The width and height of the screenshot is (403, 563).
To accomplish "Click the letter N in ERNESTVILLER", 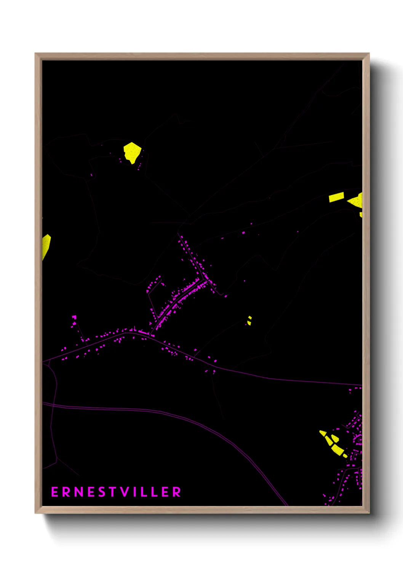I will tap(78, 492).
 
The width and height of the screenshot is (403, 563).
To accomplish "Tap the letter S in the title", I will tap(101, 492).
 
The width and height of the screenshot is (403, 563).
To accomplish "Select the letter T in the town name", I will tap(112, 492).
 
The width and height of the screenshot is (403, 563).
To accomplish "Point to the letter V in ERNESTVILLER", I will tap(125, 492).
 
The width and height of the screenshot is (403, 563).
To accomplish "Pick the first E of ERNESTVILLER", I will tap(54, 492).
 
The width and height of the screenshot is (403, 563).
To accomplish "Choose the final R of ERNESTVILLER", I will tap(177, 492).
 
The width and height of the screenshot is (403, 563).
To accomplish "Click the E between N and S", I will tap(90, 492).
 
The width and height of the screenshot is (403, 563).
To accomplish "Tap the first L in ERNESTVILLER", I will tap(144, 492).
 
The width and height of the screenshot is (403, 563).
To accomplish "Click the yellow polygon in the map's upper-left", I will tap(132, 152).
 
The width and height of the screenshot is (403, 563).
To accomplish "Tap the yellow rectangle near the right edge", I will tap(336, 197).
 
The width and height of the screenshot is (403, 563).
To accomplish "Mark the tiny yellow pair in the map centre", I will tap(249, 320).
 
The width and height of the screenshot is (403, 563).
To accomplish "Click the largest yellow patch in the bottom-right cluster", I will tap(337, 449).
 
